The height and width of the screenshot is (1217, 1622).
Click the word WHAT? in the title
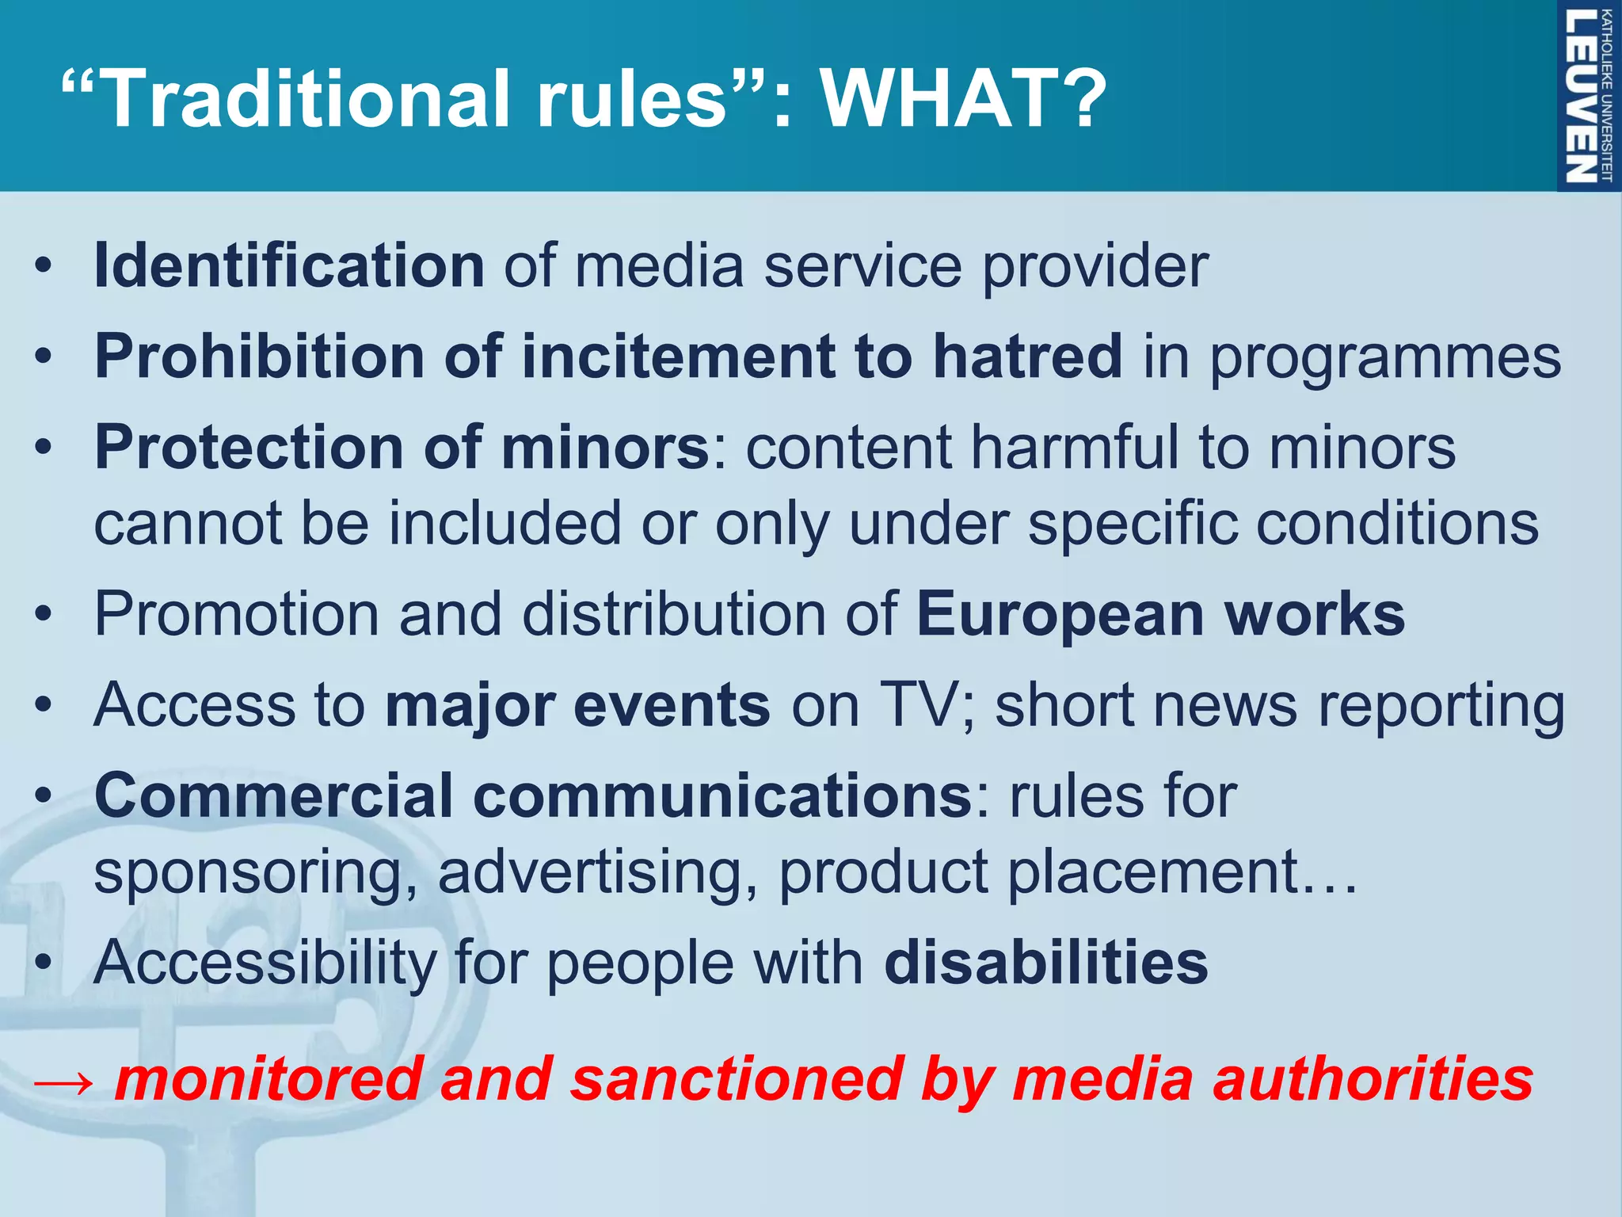pos(962,99)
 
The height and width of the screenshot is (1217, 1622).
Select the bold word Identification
pos(289,265)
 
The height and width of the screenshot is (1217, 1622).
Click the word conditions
pos(1398,524)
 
